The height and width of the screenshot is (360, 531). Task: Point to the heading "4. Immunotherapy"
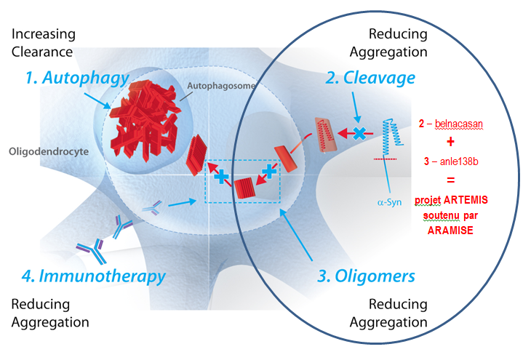click(92, 276)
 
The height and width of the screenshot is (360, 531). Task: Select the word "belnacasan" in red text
click(459, 124)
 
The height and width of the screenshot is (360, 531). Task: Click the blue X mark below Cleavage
click(359, 132)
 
